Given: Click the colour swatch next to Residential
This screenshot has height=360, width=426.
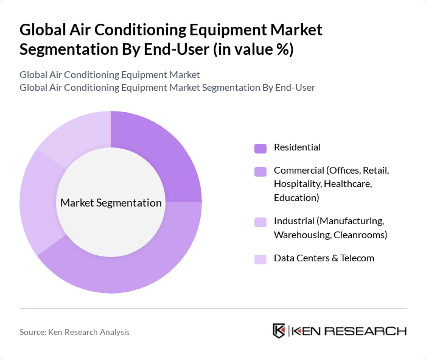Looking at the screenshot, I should [x=260, y=148].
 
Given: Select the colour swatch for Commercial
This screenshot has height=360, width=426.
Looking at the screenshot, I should [x=260, y=171].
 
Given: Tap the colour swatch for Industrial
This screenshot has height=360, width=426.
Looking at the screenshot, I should [x=260, y=222].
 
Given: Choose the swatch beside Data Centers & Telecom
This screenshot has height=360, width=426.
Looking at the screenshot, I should [x=260, y=259].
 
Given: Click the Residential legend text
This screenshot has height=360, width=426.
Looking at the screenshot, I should [x=297, y=147].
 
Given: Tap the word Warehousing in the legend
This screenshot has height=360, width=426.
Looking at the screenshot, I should [x=302, y=235].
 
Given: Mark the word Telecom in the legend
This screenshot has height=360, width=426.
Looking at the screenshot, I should [x=356, y=258].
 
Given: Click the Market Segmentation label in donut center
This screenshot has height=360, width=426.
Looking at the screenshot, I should [x=111, y=203].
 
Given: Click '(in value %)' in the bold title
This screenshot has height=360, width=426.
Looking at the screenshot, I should [x=253, y=49].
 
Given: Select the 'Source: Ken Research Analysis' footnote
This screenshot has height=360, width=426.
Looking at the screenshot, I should [x=74, y=332].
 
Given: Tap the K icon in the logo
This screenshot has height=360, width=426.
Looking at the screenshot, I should [x=279, y=331].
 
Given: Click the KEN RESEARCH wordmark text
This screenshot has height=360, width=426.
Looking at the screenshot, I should [x=349, y=331].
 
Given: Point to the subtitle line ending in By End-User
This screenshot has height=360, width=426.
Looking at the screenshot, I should [x=167, y=88].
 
